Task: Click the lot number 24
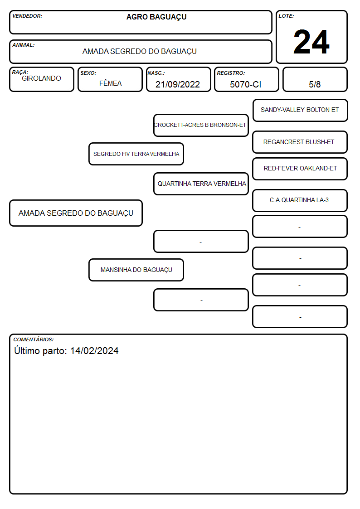(311, 42)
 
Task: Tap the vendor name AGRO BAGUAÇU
(156, 17)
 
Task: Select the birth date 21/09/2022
(178, 84)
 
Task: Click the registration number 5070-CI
(245, 84)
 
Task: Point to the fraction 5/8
(315, 84)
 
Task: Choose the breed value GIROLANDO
(41, 78)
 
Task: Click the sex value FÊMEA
(110, 83)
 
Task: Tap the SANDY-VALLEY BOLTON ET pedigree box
(300, 111)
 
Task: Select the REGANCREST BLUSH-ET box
(300, 142)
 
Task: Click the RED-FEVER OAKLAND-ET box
(300, 169)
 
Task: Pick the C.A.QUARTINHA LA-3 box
(300, 200)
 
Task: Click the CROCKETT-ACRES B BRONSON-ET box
(201, 125)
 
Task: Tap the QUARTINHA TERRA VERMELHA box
(201, 184)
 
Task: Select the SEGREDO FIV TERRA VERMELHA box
(136, 154)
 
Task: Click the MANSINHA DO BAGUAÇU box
(136, 270)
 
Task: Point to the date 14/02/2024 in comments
(94, 351)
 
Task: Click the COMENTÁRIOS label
(34, 339)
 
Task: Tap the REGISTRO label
(231, 73)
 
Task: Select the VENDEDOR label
(27, 16)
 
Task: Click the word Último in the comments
(27, 350)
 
